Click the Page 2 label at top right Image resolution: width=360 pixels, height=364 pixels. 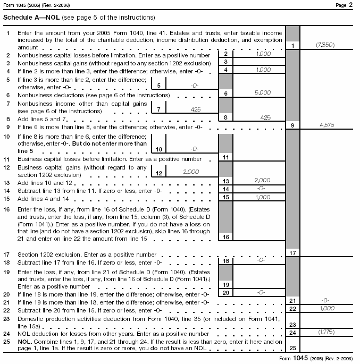346,5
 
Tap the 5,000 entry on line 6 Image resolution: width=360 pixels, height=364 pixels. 263,92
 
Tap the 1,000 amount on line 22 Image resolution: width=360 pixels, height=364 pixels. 326,308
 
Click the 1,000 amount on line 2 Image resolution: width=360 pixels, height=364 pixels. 263,54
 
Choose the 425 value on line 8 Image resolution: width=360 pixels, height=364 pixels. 263,118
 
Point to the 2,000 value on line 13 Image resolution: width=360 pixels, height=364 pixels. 263,181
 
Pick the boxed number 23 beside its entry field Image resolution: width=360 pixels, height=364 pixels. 292,324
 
